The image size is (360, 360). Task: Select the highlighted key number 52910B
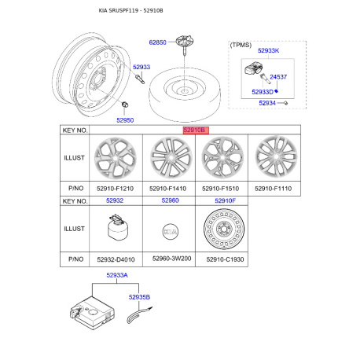(x=195, y=130)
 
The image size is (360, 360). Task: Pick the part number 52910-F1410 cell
(x=170, y=189)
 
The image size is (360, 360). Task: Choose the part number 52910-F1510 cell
(x=221, y=189)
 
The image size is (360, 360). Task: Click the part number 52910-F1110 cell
(x=272, y=189)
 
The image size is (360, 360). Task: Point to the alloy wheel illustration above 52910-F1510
(x=221, y=156)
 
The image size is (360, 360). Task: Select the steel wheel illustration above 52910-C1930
(x=221, y=231)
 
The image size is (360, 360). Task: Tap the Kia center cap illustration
(x=170, y=233)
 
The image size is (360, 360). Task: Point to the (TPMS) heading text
(x=241, y=45)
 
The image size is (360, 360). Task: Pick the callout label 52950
(x=126, y=120)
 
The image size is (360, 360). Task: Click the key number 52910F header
(x=221, y=201)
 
